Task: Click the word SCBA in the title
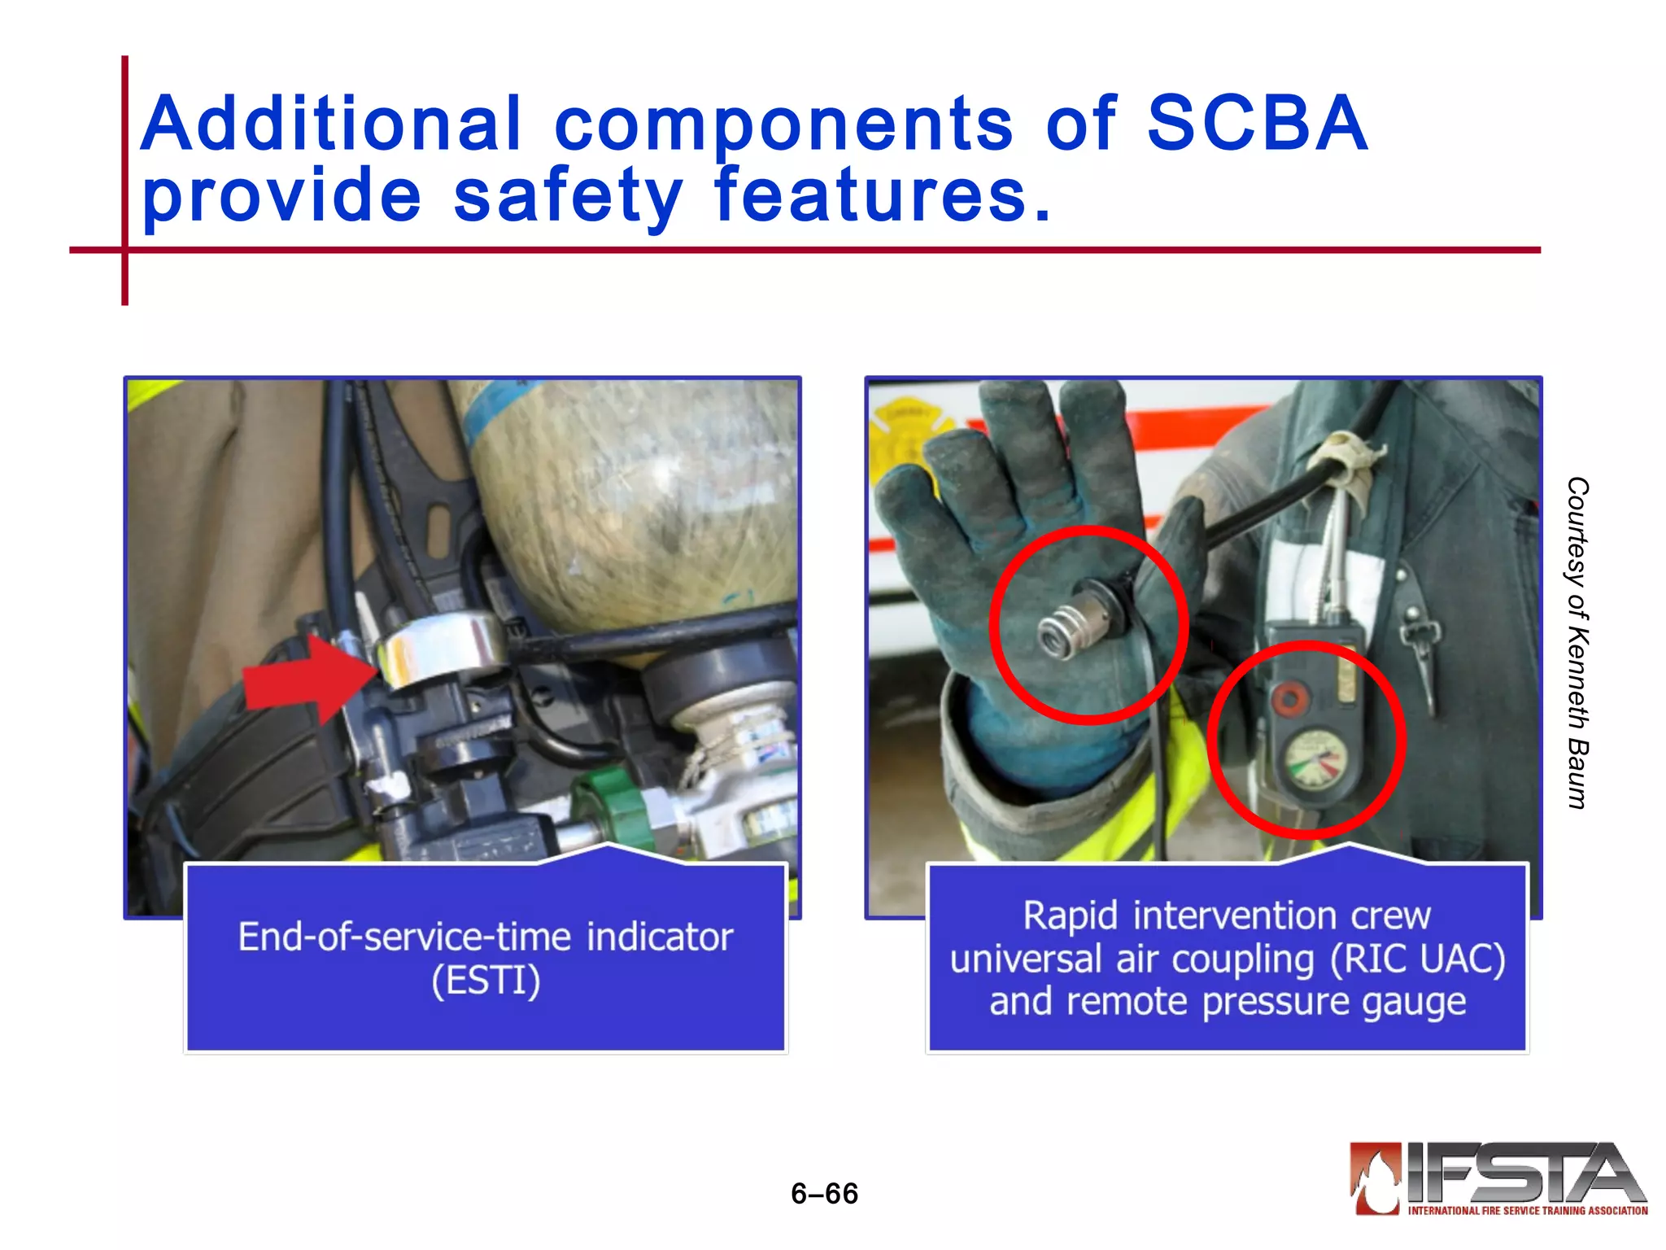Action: pos(1256,124)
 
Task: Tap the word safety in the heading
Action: pos(567,195)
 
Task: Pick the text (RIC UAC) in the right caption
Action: pos(1418,959)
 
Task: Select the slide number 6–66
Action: pos(824,1193)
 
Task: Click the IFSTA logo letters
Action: pos(1521,1174)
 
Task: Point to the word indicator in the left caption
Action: pos(660,937)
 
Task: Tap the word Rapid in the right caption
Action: pos(1070,916)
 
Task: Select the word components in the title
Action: pos(783,124)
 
